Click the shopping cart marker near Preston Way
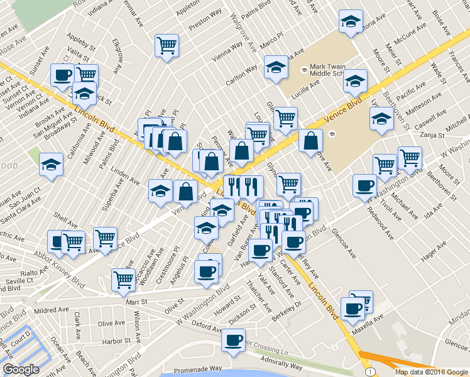167,45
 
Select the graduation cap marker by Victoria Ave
351,21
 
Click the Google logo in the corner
21,369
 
